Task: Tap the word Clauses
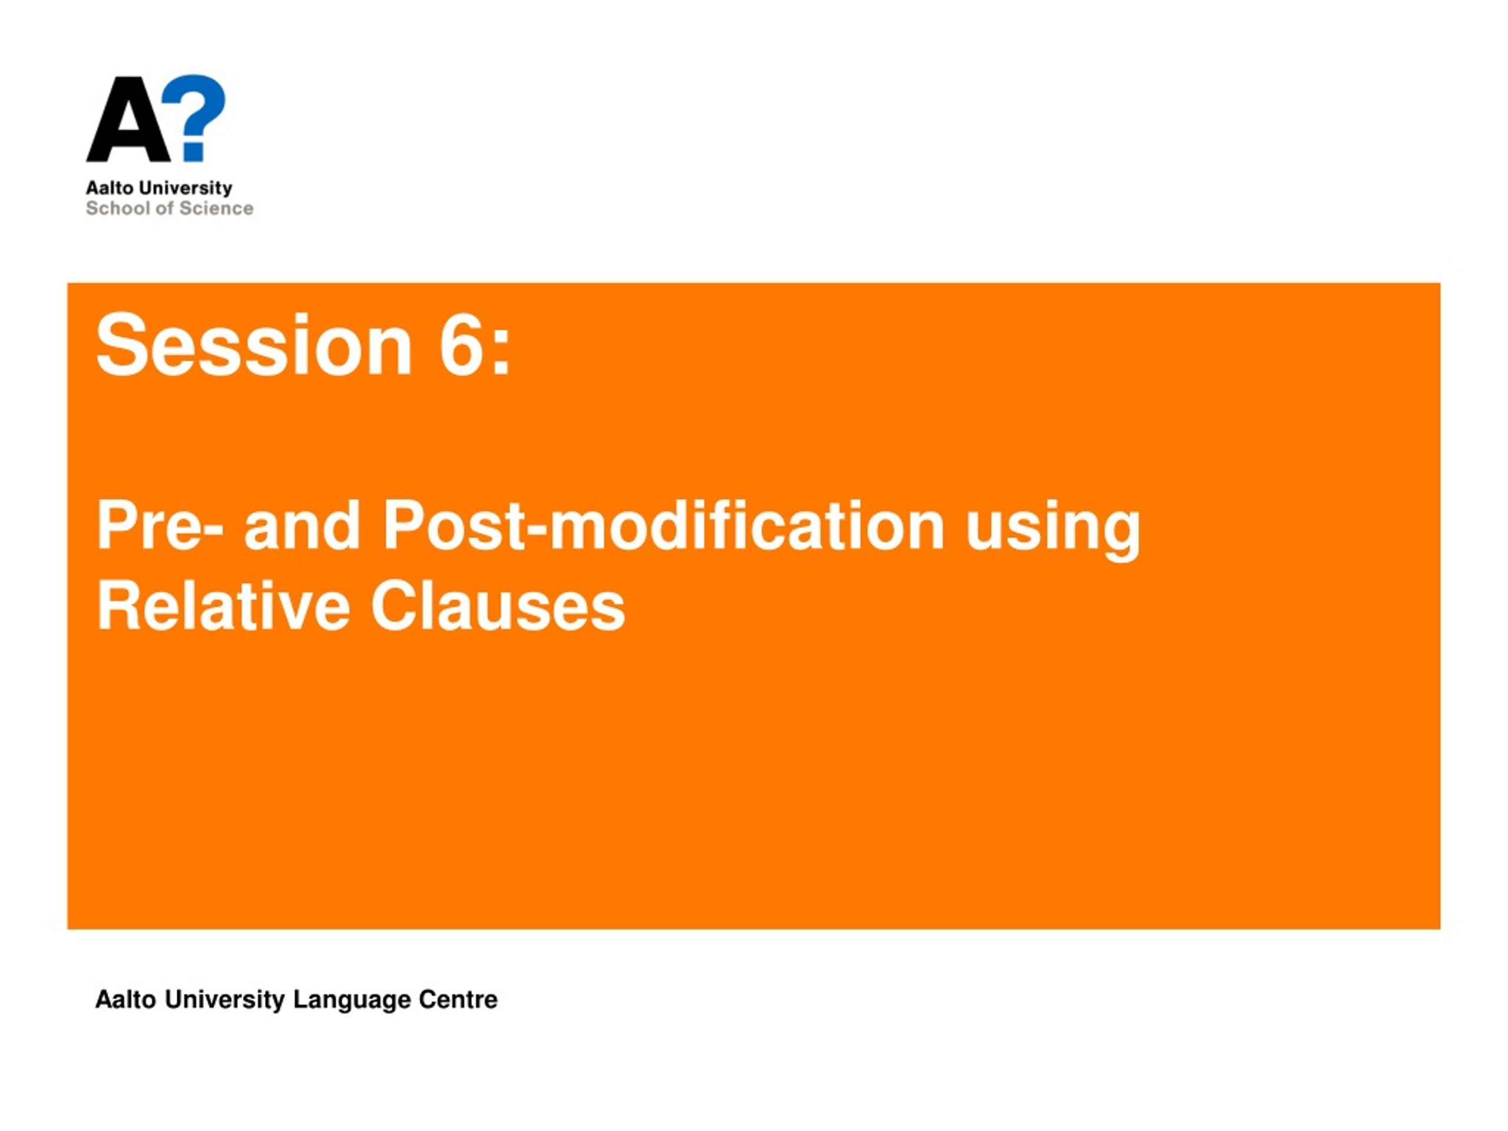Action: (x=498, y=607)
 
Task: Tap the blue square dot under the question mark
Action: (x=194, y=151)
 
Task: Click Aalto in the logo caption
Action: (x=110, y=187)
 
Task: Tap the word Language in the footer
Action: (x=352, y=1001)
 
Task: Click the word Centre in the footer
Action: (x=458, y=1000)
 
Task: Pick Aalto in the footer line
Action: (x=126, y=1000)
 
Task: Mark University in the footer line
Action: (x=225, y=1001)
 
